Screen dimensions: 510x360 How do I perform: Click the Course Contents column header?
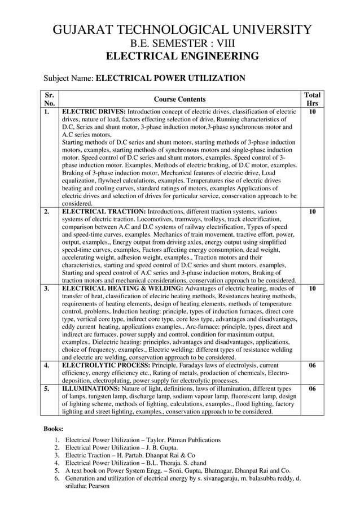pos(179,99)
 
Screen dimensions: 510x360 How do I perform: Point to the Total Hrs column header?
pos(312,99)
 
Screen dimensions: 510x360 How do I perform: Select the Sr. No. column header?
pos(49,99)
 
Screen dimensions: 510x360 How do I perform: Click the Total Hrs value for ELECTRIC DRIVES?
pos(312,112)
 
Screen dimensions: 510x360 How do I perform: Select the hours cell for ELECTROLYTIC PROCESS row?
pos(312,365)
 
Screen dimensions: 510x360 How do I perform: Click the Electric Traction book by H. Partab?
pos(130,455)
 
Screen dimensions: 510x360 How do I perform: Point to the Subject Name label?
pos(69,78)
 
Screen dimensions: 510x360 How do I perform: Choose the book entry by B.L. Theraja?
pos(135,463)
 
